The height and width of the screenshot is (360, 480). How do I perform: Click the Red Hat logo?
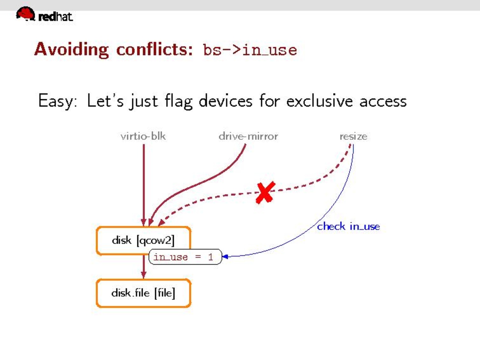[x=45, y=14]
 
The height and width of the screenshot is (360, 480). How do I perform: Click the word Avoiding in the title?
[x=71, y=50]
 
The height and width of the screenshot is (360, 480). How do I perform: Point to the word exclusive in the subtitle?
[x=319, y=101]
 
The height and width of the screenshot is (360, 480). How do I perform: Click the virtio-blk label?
[x=143, y=136]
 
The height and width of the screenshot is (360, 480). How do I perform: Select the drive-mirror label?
[x=248, y=136]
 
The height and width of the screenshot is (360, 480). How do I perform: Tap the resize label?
[x=353, y=137]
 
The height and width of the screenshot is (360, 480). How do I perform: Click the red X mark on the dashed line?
[x=265, y=193]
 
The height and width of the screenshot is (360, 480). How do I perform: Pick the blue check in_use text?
[x=348, y=227]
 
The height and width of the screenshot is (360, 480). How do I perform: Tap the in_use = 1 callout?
[x=185, y=257]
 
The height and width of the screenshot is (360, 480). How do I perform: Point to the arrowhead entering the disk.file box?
[x=143, y=275]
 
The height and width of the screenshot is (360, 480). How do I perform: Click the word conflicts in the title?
[x=154, y=49]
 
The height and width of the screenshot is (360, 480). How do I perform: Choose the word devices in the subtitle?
[x=226, y=101]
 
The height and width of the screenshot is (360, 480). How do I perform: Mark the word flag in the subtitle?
[x=179, y=101]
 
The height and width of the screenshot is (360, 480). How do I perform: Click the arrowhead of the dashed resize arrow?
[x=161, y=223]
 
